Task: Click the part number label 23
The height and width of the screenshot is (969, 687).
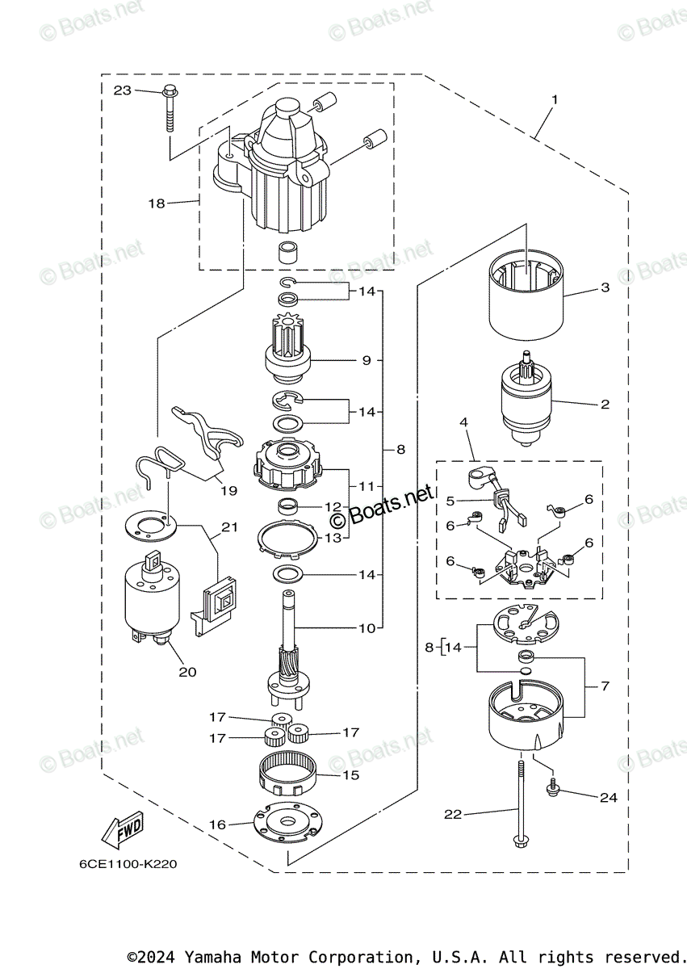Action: [122, 90]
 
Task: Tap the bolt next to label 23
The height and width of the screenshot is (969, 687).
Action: [170, 106]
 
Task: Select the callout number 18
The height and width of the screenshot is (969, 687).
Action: [156, 203]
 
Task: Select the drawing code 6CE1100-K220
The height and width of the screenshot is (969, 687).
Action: [128, 864]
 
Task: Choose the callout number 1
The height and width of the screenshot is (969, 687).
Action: [554, 100]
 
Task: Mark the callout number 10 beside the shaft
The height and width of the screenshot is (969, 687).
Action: [367, 627]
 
